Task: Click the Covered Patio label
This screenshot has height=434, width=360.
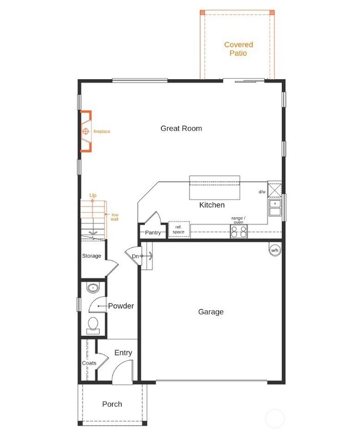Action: point(238,49)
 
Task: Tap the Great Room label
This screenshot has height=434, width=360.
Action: point(181,128)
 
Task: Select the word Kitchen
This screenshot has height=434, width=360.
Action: point(212,205)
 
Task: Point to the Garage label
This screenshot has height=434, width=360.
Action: point(210,312)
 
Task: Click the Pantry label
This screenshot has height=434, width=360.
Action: point(153,233)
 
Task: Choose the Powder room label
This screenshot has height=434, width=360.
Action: point(121,305)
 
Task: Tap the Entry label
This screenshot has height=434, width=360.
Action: point(123,353)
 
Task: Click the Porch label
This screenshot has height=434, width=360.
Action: point(112,404)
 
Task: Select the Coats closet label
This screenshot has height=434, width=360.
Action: point(89,363)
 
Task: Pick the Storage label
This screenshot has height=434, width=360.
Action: point(91,256)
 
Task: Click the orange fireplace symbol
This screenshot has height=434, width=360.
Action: point(86,131)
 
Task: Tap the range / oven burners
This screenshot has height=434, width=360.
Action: point(239,232)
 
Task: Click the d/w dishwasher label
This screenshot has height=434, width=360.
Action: point(261,192)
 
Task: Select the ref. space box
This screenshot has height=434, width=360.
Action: point(178,229)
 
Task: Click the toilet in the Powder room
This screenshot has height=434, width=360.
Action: point(92,324)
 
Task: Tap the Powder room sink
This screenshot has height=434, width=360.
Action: point(92,288)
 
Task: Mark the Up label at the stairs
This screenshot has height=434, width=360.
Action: point(92,195)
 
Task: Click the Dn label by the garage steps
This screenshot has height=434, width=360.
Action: point(135,256)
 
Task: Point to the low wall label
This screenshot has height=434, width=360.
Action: point(114,217)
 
